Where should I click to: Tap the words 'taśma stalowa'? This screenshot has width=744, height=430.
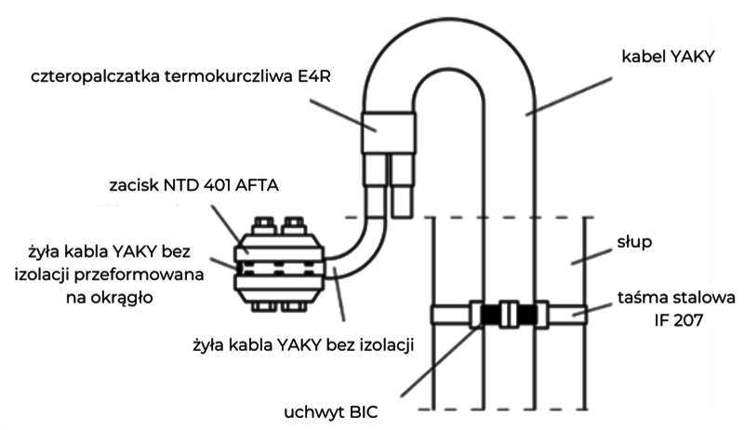coord(678,298)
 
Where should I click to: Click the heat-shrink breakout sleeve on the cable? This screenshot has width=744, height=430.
coord(387,133)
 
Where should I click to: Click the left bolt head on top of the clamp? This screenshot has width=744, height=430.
coord(262,225)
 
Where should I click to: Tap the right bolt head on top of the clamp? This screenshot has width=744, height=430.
coord(294,225)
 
